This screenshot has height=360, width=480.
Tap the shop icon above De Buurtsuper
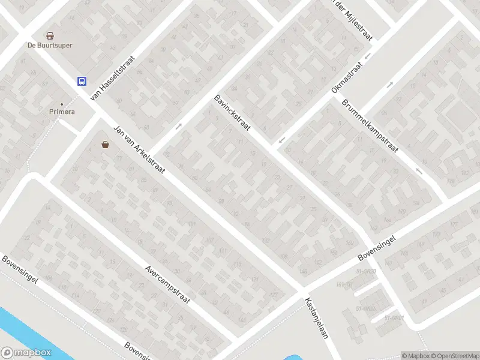click(x=50, y=35)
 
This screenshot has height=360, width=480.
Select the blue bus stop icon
click(x=80, y=82)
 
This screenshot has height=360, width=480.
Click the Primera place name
click(x=62, y=112)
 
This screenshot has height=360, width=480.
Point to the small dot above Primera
click(x=61, y=104)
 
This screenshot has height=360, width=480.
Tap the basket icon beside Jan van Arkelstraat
click(x=106, y=144)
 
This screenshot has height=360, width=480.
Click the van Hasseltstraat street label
click(x=112, y=79)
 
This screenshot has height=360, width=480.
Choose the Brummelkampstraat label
click(x=370, y=128)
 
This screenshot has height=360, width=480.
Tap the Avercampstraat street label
click(x=167, y=284)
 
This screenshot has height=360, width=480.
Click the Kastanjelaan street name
click(x=316, y=317)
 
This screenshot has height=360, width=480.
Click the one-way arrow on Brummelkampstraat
click(x=419, y=172)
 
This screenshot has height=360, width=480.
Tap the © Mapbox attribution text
click(x=414, y=356)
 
